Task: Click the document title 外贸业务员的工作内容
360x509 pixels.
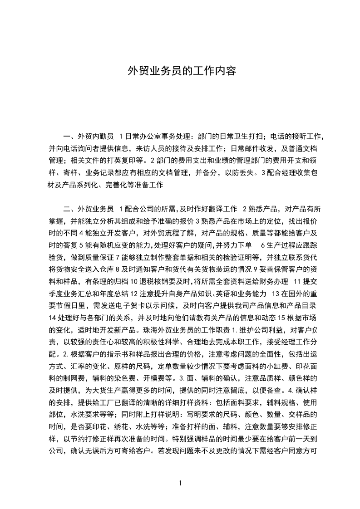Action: (x=182, y=71)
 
